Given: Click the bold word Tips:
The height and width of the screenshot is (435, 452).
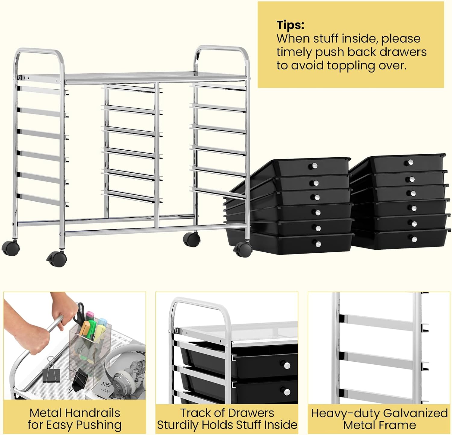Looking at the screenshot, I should tap(290, 25).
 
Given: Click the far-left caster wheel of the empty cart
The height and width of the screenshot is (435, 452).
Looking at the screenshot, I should tap(11, 248).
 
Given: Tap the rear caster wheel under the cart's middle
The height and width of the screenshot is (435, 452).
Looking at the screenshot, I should tap(191, 239).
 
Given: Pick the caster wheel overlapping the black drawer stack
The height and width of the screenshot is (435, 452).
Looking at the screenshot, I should tap(243, 249).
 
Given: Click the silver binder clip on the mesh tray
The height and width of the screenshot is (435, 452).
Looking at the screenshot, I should tap(51, 371).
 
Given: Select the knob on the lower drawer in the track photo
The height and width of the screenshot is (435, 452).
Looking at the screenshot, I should tap(287, 392).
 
